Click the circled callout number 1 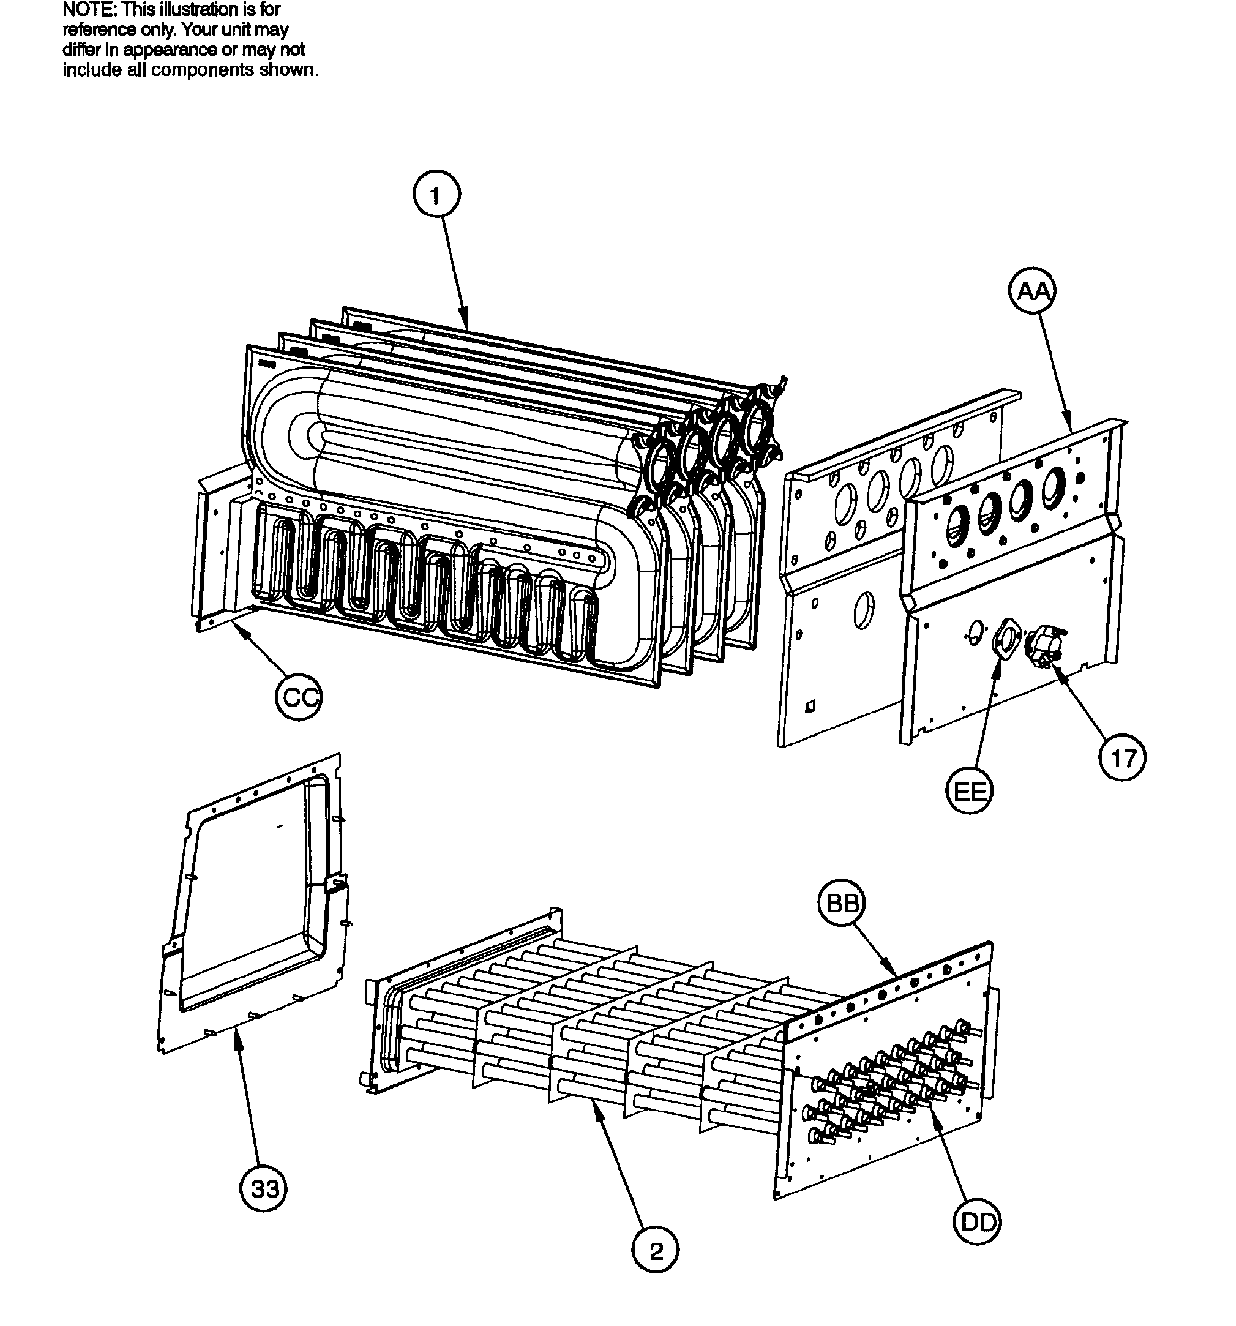[435, 196]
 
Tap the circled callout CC [298, 697]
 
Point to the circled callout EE [969, 791]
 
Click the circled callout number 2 [656, 1251]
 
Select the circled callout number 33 [264, 1189]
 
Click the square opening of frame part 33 [253, 894]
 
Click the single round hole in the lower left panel [863, 610]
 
